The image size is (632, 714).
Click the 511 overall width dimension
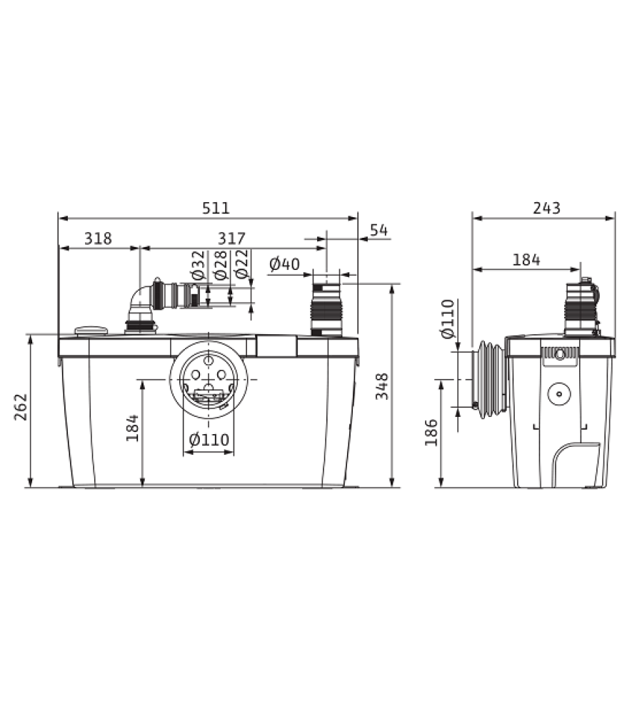(x=216, y=208)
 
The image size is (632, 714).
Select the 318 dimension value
(x=98, y=238)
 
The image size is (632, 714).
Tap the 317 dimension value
(x=231, y=238)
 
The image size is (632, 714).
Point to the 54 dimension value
(x=378, y=230)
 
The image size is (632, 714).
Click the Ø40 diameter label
(x=285, y=263)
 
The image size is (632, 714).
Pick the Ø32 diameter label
(x=199, y=265)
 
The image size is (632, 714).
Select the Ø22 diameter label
(x=242, y=263)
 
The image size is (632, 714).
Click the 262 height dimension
(x=21, y=407)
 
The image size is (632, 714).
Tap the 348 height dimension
(x=381, y=386)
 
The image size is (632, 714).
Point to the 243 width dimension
(x=546, y=208)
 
